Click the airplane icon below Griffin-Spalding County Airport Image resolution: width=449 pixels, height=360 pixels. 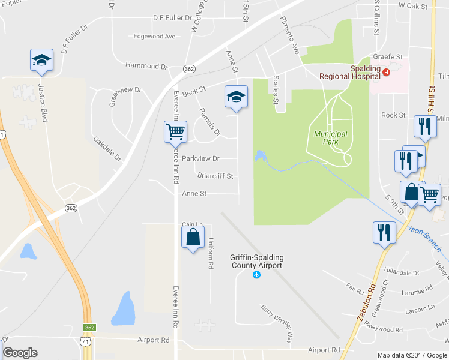pos(257,275)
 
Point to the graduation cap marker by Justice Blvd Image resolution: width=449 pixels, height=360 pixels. pos(41,60)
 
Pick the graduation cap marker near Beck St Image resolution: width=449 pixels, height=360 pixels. pos(236,97)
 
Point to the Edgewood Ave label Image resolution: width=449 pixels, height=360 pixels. pos(154,37)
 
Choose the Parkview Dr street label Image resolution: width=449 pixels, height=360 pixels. pos(201,159)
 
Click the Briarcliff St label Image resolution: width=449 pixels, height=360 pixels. pos(215,176)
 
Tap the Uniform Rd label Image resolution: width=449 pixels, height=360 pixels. pos(211,252)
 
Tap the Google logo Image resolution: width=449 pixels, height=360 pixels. pos(20,352)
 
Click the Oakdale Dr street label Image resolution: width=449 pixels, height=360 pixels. pos(107,149)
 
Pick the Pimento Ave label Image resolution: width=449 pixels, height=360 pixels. pos(289,35)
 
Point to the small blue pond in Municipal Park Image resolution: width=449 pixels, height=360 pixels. pos(260,156)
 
